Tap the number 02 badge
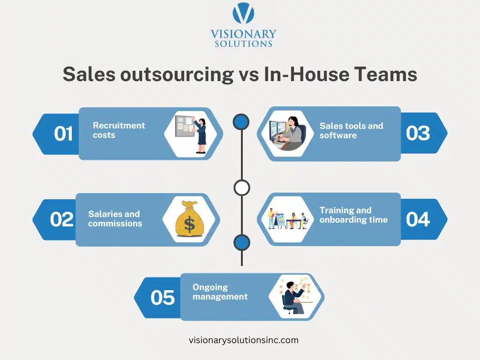[62, 219]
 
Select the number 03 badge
[418, 133]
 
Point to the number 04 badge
[418, 219]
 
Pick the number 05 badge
[163, 298]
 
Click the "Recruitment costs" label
[119, 130]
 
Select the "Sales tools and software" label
[351, 130]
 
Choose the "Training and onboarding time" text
[353, 215]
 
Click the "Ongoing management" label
[220, 292]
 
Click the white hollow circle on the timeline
[241, 187]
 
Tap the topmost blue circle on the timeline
[241, 122]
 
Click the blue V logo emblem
[243, 14]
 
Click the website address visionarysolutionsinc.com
[243, 340]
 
